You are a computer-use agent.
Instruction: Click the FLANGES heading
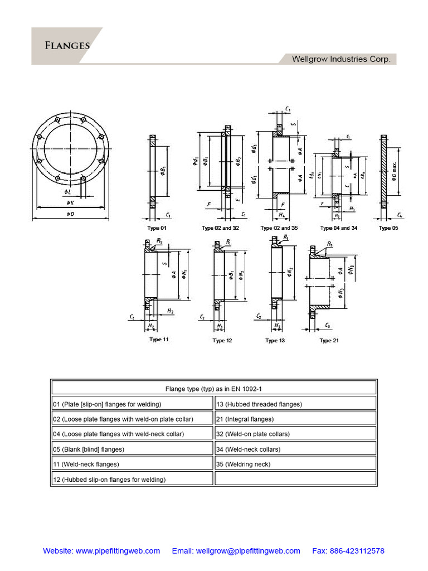[x=67, y=45]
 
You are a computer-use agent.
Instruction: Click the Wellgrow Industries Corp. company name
[x=341, y=59]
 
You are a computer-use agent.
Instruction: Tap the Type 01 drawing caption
[x=157, y=228]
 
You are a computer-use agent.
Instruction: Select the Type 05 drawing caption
[x=388, y=228]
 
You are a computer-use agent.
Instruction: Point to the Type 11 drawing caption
[x=159, y=340]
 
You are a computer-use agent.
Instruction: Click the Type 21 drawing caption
[x=329, y=341]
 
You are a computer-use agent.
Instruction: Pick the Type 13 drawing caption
[x=275, y=341]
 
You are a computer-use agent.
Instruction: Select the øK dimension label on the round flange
[x=70, y=202]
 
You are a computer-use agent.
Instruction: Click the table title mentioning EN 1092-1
[x=214, y=389]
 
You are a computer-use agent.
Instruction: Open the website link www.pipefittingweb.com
[x=118, y=551]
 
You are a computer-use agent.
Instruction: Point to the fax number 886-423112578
[x=356, y=551]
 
